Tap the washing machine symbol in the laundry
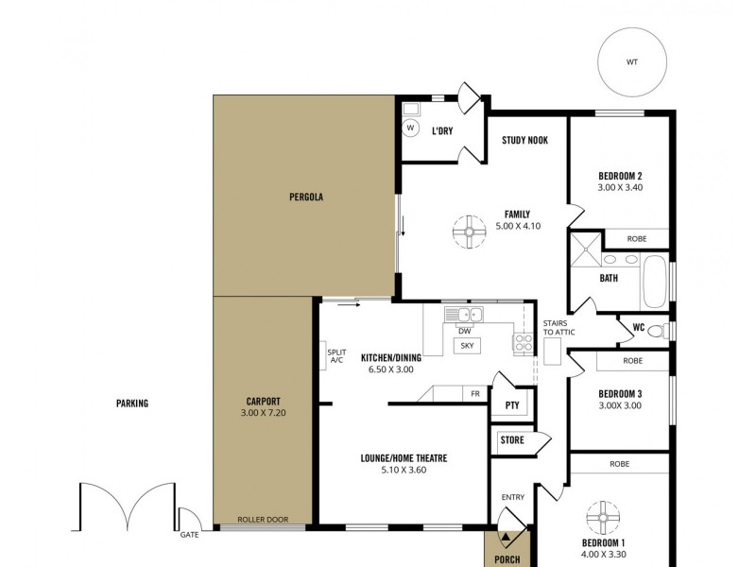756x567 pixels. (411, 128)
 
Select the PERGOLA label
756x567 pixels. (306, 198)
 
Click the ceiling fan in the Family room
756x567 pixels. (469, 232)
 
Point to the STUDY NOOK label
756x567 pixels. (524, 141)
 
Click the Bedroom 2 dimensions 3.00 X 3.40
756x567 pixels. (620, 188)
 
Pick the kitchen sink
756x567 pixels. (465, 315)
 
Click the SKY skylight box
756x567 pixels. (467, 346)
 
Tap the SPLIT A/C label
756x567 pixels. (336, 356)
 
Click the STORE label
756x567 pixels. (512, 439)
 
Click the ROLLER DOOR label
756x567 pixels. (262, 520)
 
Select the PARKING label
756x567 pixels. (132, 404)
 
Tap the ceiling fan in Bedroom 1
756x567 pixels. (602, 518)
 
